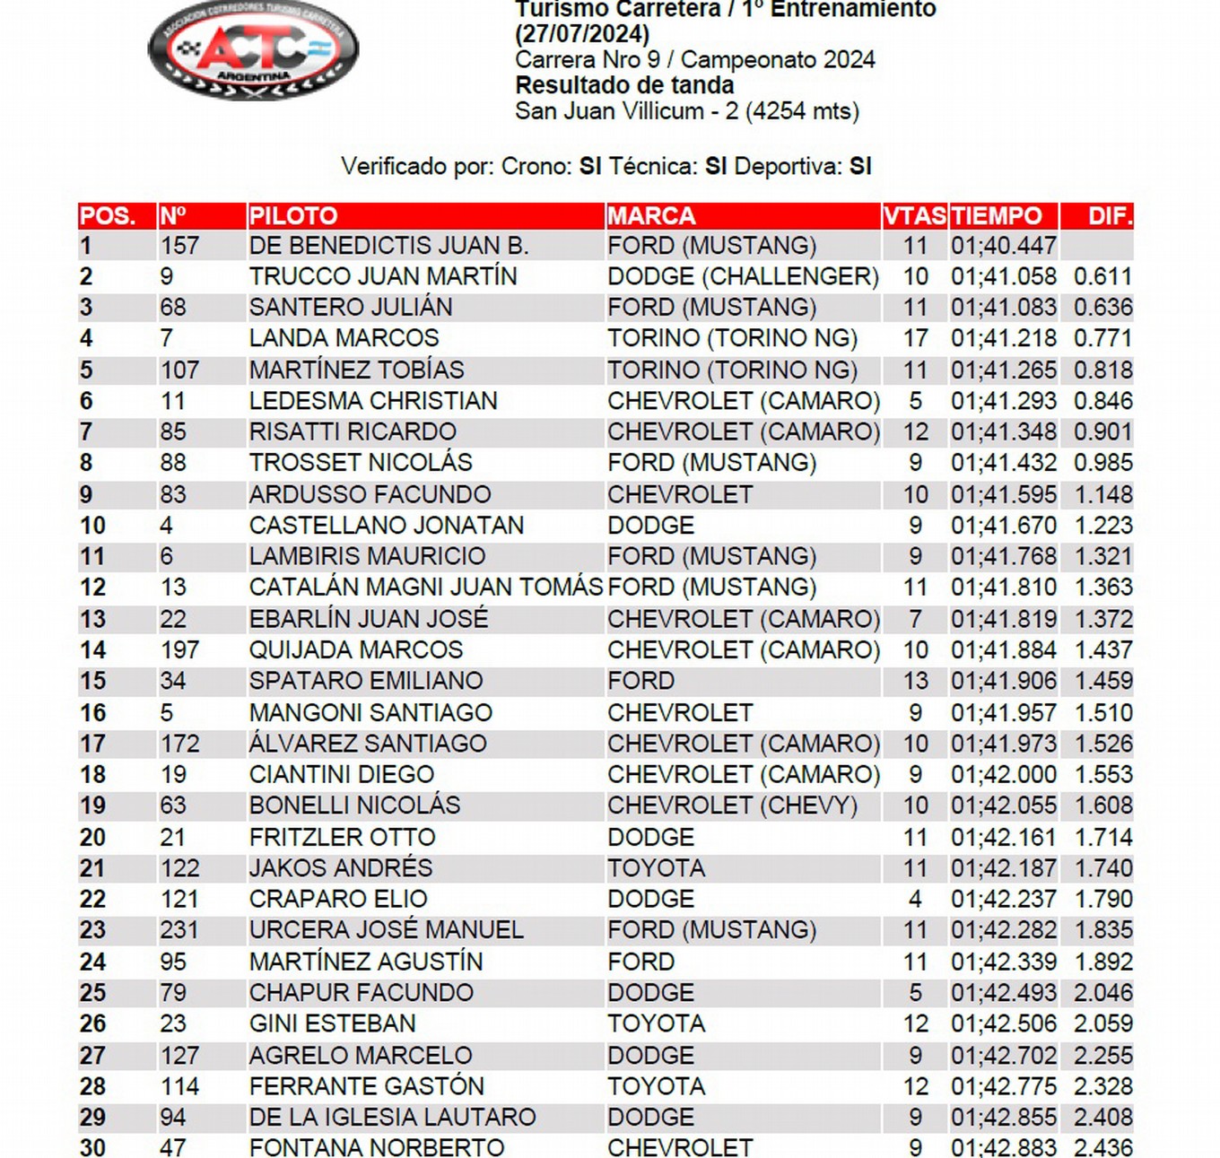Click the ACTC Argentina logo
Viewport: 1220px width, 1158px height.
click(253, 50)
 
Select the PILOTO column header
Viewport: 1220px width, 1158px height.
click(293, 216)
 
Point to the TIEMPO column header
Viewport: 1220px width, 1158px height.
click(997, 216)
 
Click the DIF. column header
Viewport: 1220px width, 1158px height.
click(1110, 216)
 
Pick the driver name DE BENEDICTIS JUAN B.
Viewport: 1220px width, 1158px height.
click(388, 246)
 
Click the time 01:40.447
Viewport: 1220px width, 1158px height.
click(1003, 246)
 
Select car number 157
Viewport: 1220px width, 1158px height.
click(179, 246)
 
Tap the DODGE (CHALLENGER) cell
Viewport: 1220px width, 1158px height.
click(743, 276)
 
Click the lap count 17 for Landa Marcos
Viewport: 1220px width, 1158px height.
click(915, 338)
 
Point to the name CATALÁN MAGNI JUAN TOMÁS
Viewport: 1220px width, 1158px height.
click(425, 588)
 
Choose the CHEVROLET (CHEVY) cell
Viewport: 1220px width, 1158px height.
click(732, 805)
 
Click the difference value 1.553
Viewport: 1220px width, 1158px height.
click(1102, 774)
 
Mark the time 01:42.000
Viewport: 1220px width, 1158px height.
click(1003, 774)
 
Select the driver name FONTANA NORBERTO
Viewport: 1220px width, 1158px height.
click(377, 1147)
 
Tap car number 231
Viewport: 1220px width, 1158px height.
click(179, 930)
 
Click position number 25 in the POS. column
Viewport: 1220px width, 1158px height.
click(92, 993)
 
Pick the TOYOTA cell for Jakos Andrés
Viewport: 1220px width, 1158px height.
click(656, 868)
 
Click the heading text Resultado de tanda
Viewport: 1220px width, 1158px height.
click(624, 86)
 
